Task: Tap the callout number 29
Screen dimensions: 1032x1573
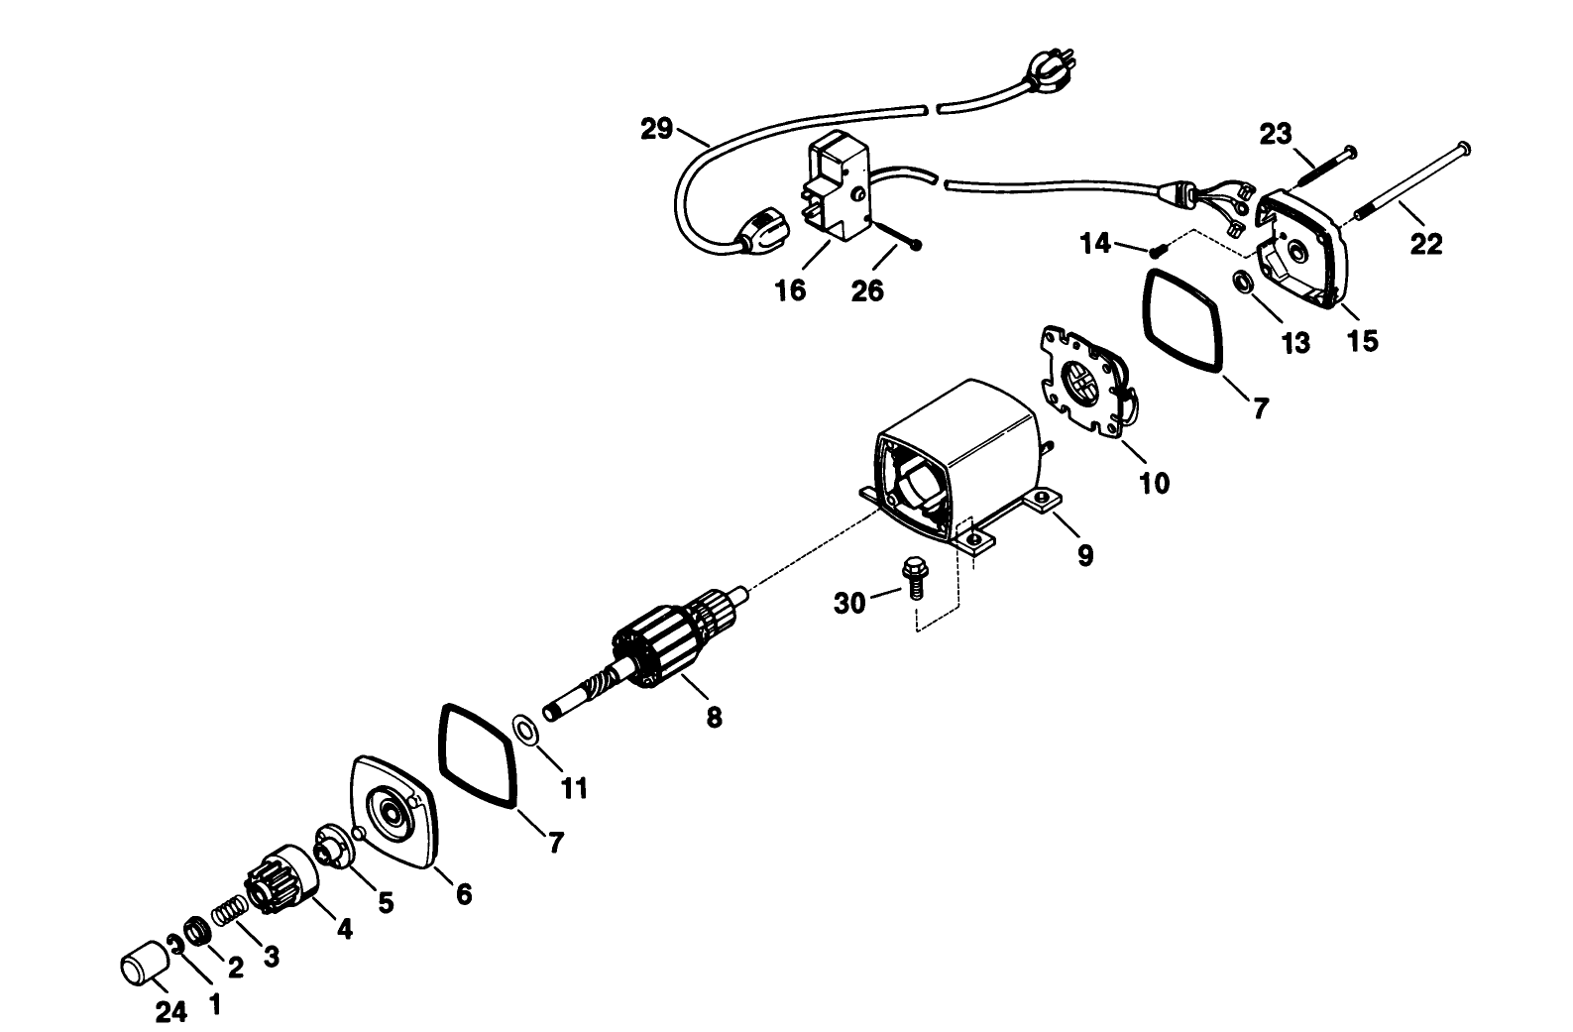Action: click(x=656, y=129)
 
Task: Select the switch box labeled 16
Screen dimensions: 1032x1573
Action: click(x=835, y=188)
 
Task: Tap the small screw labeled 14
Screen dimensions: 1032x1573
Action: click(x=1156, y=252)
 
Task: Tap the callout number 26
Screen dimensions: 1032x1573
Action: click(x=867, y=291)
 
